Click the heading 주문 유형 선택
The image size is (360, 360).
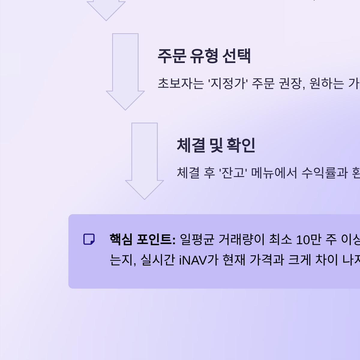(204, 56)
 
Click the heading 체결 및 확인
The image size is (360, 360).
(216, 145)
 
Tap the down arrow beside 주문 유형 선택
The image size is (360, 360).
(125, 72)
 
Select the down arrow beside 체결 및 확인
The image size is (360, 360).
(145, 161)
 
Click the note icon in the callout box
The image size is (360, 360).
(89, 239)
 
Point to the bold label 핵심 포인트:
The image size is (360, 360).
(142, 239)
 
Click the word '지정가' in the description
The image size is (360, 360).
(228, 83)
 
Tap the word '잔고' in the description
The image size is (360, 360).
(233, 173)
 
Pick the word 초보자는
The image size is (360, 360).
(181, 83)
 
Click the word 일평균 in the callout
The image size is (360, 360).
(197, 239)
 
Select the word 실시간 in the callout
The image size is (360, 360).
(157, 260)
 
